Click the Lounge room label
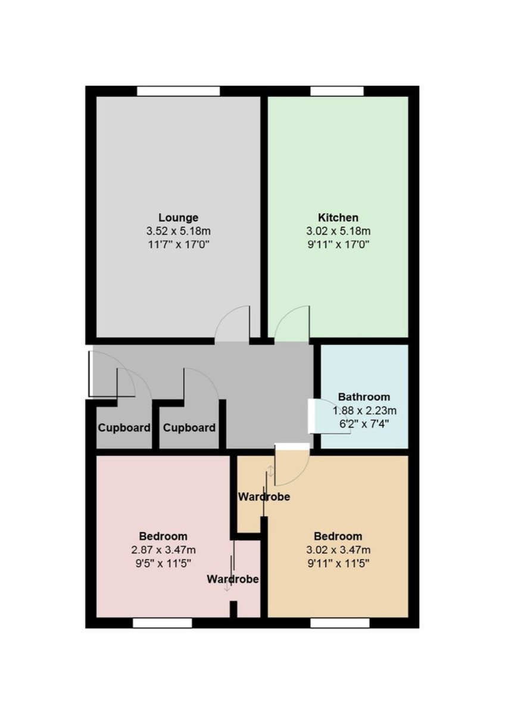pos(178,218)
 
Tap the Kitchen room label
pos(338,218)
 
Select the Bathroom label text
pos(364,397)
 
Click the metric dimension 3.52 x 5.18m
pos(178,231)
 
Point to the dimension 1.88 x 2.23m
pos(364,411)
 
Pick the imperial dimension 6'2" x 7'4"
pos(364,424)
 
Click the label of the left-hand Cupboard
pos(124,428)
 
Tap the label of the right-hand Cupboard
pos(189,428)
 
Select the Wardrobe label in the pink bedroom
pos(232,579)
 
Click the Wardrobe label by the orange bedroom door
pos(264,496)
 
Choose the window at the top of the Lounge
pos(178,91)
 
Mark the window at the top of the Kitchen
pos(337,91)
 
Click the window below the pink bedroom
pos(162,622)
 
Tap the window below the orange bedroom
pos(339,622)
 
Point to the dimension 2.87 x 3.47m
pos(163,550)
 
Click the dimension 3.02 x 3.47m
pos(338,550)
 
